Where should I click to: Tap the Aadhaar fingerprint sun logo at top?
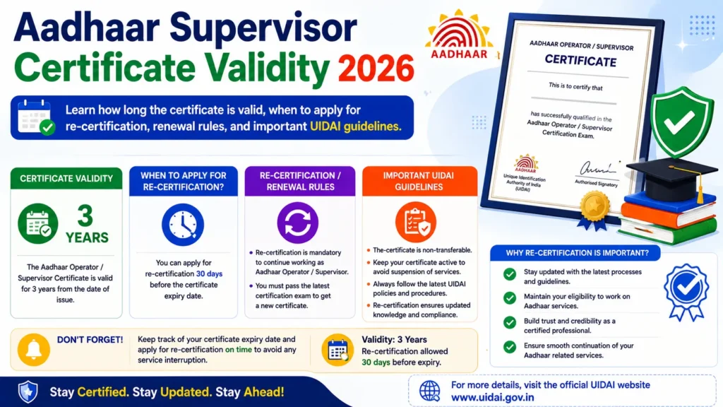coord(459,35)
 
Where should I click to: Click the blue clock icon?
coord(183,225)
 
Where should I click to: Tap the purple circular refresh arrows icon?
coord(297,223)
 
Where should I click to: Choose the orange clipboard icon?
coord(415,223)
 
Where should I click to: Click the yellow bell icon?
coord(34,350)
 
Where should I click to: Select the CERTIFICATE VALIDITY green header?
coord(66,179)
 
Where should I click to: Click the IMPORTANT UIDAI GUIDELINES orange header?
coord(419,181)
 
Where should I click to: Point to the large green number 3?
coord(85,216)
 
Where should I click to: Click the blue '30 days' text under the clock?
coord(209,274)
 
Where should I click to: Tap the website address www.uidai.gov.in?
coord(492,397)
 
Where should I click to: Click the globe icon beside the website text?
coord(429,391)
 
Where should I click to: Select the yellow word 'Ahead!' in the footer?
coord(264,392)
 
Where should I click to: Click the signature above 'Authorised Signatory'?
coord(597,169)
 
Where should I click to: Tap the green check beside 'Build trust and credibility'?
coord(510,322)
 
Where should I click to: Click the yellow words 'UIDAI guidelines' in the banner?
coord(356,126)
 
